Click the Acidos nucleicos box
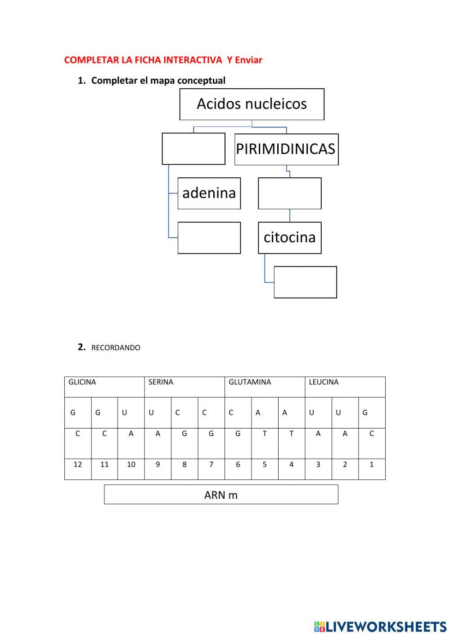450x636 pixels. tap(252, 104)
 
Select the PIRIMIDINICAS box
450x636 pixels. tap(286, 149)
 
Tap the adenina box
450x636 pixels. tap(209, 193)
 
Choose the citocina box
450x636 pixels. tap(289, 237)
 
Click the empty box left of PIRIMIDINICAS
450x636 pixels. tap(193, 149)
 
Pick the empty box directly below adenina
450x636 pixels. tap(209, 238)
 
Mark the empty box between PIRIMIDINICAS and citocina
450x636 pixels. tap(289, 193)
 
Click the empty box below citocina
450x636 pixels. tap(305, 282)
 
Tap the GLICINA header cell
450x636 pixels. tap(104, 387)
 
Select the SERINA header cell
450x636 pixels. tap(184, 387)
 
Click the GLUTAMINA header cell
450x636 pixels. tap(264, 387)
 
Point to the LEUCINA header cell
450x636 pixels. tap(345, 387)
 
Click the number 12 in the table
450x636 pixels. tap(78, 465)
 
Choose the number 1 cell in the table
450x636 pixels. tap(372, 465)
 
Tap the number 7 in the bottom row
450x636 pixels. tap(211, 465)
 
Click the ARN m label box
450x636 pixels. tap(221, 495)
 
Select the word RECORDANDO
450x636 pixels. tap(116, 347)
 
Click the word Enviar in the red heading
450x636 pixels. tap(248, 60)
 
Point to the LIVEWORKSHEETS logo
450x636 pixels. tap(380, 626)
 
